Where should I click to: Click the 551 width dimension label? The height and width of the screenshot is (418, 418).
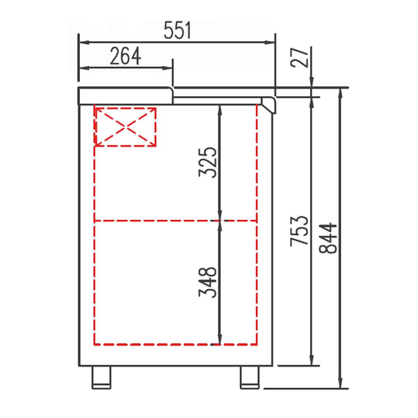click(x=177, y=31)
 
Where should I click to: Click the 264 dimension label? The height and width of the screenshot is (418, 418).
click(x=125, y=56)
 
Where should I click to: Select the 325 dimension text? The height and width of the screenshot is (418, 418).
click(x=209, y=162)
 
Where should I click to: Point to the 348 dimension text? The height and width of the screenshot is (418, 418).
click(x=209, y=281)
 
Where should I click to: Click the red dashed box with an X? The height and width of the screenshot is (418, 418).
click(x=126, y=127)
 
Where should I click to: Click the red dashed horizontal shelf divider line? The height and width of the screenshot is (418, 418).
click(x=176, y=220)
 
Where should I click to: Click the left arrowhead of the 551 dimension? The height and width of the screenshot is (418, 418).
click(x=81, y=42)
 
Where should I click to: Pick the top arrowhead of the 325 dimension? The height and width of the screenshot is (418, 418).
click(x=220, y=109)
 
